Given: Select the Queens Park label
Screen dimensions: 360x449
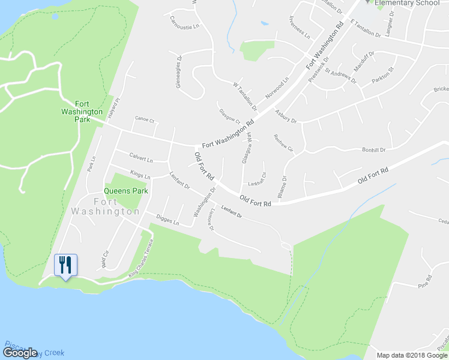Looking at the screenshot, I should (x=126, y=191).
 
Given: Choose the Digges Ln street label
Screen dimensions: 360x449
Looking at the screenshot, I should (x=167, y=221).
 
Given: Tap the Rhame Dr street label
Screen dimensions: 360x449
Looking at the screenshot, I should (x=284, y=187).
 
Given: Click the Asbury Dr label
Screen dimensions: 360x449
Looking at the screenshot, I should (x=285, y=116).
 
